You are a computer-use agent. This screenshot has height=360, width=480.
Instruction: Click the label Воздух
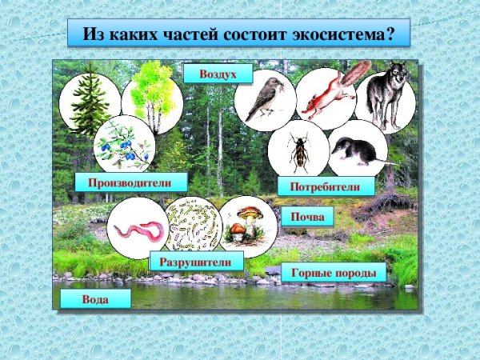(218, 74)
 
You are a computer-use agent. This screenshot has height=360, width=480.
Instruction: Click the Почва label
(306, 218)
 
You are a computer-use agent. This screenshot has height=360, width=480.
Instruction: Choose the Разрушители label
(195, 261)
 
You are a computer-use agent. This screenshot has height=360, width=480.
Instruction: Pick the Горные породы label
(334, 273)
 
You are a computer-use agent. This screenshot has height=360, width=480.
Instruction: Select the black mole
(358, 150)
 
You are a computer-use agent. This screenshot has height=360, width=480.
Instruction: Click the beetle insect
(299, 152)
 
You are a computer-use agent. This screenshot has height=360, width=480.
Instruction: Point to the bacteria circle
(193, 226)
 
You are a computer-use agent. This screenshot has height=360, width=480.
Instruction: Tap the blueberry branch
(123, 145)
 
